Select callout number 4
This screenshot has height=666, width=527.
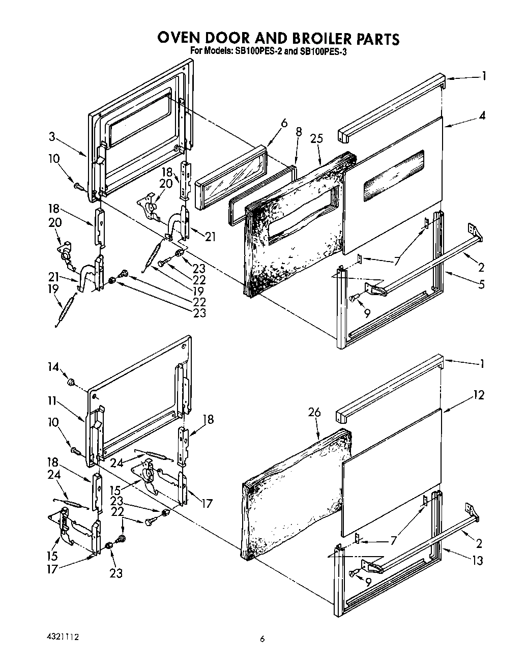click(x=482, y=115)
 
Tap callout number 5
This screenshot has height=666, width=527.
click(x=482, y=284)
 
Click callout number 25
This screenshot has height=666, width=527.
click(x=319, y=137)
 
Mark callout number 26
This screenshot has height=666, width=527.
click(x=315, y=412)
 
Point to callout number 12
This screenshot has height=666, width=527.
click(x=479, y=395)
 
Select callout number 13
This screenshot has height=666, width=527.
click(x=477, y=560)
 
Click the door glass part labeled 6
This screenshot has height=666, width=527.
click(x=231, y=178)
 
